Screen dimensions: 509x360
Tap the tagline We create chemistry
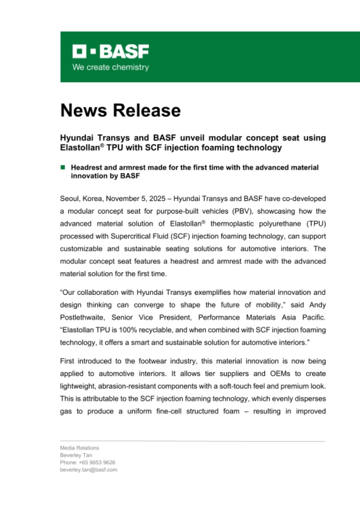[110, 67]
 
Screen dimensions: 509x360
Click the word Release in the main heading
[149, 110]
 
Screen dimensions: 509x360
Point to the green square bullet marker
[62, 168]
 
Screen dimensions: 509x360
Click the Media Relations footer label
[80, 448]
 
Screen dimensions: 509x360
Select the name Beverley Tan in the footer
[74, 455]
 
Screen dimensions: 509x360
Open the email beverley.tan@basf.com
[88, 469]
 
